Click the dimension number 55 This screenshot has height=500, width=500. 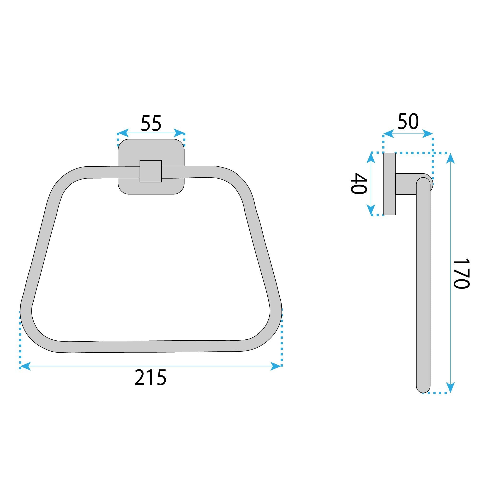point(151,123)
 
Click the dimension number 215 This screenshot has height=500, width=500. point(150,378)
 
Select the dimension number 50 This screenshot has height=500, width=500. point(408,121)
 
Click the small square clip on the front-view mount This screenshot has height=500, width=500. point(151,171)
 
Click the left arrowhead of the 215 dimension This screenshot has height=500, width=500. point(25,366)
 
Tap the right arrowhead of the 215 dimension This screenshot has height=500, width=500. point(276,366)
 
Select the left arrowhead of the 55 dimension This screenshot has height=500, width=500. point(123,133)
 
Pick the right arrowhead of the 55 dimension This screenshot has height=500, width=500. point(179,133)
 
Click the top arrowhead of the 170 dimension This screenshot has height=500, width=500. point(451,158)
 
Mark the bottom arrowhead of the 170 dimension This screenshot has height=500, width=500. point(451,387)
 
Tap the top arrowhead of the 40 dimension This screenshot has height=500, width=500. point(371,158)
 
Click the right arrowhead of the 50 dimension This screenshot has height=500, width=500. point(428,134)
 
